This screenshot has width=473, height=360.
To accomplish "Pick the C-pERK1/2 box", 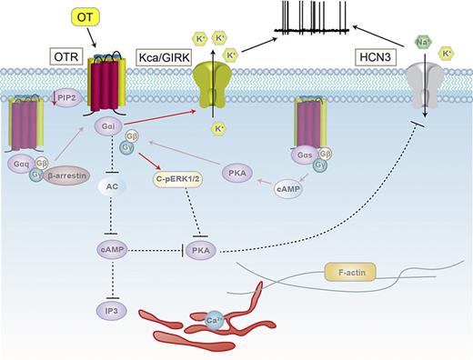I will tap(180, 179).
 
